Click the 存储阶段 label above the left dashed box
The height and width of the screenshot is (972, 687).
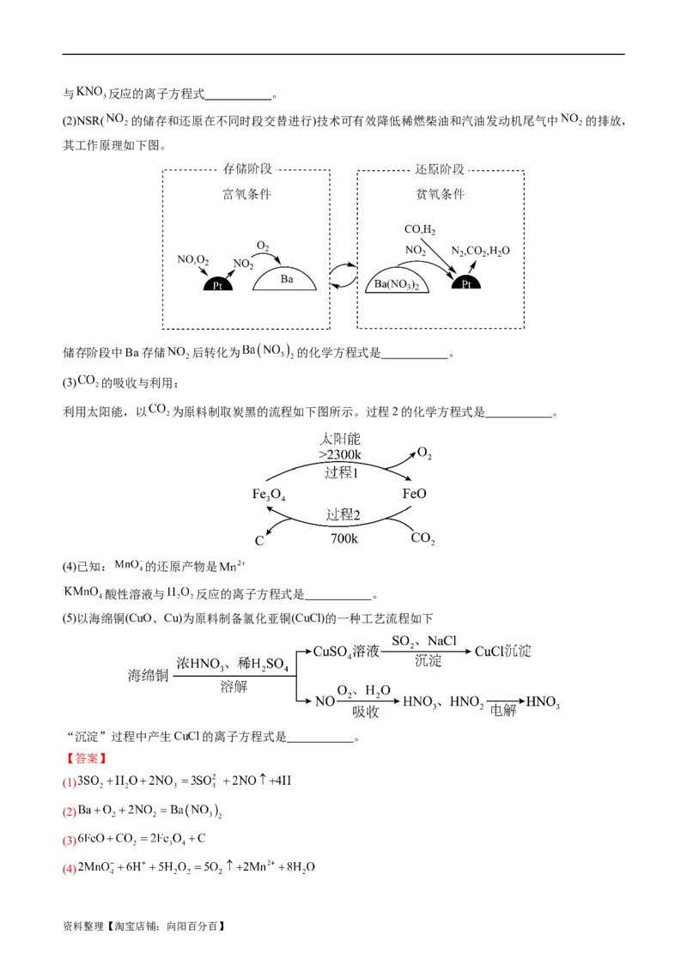[x=247, y=169]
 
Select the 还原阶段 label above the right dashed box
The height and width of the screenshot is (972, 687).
[x=440, y=169]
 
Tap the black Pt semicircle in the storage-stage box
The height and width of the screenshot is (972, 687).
[x=217, y=284]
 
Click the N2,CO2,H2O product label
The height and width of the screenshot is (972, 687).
[x=482, y=251]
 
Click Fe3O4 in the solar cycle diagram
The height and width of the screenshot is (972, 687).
[x=269, y=495]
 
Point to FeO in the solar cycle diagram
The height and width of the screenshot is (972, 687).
[x=414, y=495]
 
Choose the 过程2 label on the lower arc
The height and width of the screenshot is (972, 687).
[x=342, y=515]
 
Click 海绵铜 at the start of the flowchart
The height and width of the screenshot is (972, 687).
[x=147, y=675]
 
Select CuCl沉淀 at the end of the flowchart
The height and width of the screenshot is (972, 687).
[x=503, y=651]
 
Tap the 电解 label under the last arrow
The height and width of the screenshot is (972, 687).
[x=502, y=711]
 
